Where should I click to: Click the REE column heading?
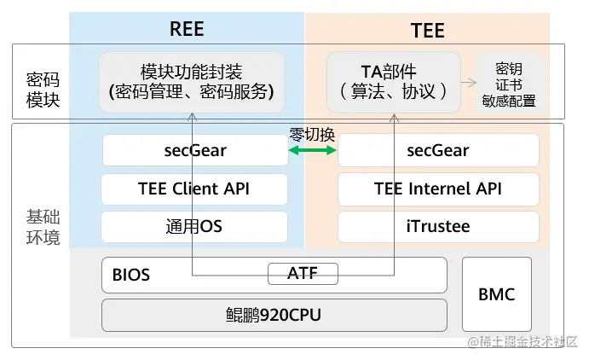tap(187, 28)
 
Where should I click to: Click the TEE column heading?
tap(426, 31)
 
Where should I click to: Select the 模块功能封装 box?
tap(192, 82)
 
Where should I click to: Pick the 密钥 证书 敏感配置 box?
tap(509, 84)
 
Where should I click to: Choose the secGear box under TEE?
tap(438, 151)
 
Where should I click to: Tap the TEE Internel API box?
tap(438, 189)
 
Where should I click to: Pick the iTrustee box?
tap(438, 227)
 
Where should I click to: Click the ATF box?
tap(303, 274)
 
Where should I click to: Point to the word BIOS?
tap(131, 276)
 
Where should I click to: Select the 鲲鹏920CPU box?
tap(274, 316)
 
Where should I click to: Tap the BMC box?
tap(496, 295)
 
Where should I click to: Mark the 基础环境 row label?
tap(43, 226)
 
